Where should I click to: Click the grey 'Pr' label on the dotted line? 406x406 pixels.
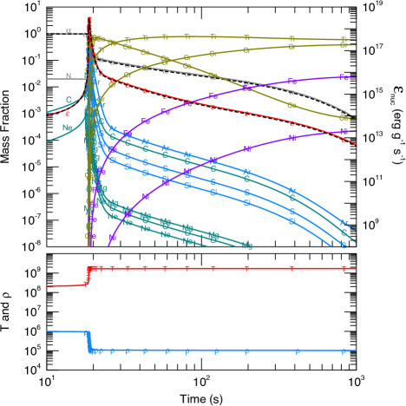click(69, 32)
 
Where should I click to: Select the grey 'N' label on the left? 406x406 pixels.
click(69, 76)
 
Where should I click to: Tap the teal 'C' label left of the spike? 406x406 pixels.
click(69, 101)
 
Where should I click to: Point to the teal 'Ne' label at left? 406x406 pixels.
click(67, 128)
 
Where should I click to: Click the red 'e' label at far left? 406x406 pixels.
click(68, 115)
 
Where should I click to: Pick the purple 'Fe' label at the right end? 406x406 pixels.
click(344, 78)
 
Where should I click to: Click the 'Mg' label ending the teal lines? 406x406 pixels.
click(247, 246)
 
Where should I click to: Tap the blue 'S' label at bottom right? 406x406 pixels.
click(344, 246)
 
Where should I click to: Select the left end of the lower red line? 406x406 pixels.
click(48, 285)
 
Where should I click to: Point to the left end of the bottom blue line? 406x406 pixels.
click(48, 331)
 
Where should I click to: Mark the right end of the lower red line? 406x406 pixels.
click(356, 268)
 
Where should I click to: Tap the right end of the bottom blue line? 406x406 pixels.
click(356, 350)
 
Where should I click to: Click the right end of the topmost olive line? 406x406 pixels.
click(356, 40)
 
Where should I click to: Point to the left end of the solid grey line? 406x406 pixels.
click(48, 79)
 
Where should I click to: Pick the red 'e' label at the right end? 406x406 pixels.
click(344, 140)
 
